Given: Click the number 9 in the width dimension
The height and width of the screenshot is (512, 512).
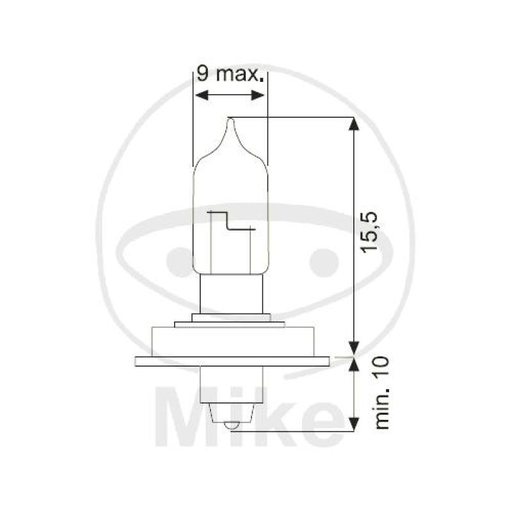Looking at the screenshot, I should pos(202,74).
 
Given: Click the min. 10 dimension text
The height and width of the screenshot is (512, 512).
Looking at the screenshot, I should pos(382,393).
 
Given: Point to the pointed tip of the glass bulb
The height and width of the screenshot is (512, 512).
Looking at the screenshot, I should pos(231,118).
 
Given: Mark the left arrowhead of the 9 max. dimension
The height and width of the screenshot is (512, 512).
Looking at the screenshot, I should pos(199,95).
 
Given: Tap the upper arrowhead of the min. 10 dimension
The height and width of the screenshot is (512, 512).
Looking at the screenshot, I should pos(352,364).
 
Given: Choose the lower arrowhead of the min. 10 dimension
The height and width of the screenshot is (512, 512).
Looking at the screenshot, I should pos(352,424).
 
